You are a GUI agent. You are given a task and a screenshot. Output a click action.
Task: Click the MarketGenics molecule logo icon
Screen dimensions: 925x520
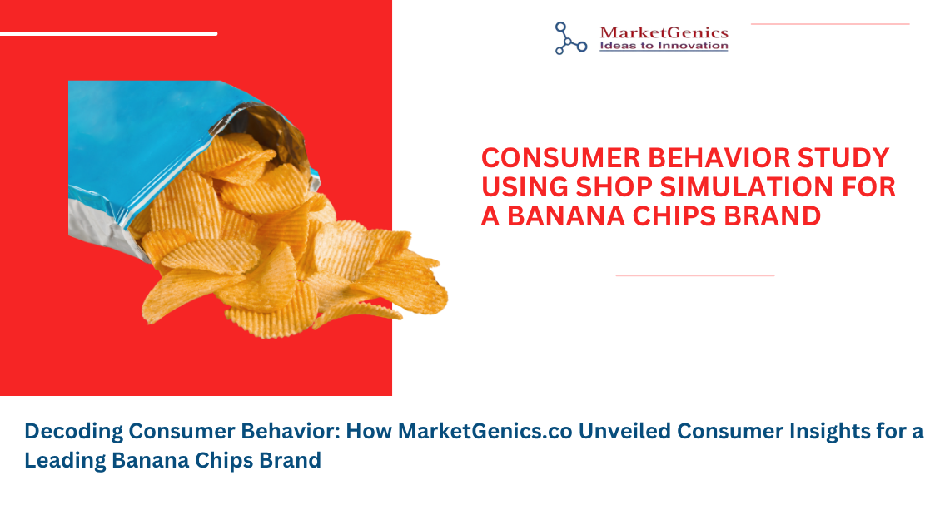570,38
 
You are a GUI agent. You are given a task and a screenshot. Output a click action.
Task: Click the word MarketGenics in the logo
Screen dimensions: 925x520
664,32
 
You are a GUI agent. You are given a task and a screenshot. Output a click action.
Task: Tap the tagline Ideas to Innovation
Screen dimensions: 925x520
664,46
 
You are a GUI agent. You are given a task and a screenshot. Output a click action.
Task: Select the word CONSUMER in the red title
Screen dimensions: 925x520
560,158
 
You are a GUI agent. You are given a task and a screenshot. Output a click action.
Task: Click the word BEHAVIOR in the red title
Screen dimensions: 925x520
719,158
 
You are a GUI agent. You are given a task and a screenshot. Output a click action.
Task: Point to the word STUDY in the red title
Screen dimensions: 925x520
843,158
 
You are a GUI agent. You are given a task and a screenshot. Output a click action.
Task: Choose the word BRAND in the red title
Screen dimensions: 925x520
772,216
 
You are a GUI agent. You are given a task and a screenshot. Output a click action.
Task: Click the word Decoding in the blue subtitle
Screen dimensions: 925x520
73,432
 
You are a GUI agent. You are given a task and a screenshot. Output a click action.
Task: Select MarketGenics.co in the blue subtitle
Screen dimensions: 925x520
485,431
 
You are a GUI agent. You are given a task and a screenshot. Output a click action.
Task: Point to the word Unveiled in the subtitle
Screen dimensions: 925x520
624,431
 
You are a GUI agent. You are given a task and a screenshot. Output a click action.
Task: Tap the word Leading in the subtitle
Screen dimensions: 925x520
65,460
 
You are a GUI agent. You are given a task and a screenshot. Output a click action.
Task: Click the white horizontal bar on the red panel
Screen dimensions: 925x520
108,33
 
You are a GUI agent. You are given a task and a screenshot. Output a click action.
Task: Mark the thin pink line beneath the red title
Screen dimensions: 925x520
695,275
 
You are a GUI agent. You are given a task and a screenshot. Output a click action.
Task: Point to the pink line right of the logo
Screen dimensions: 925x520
830,24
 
